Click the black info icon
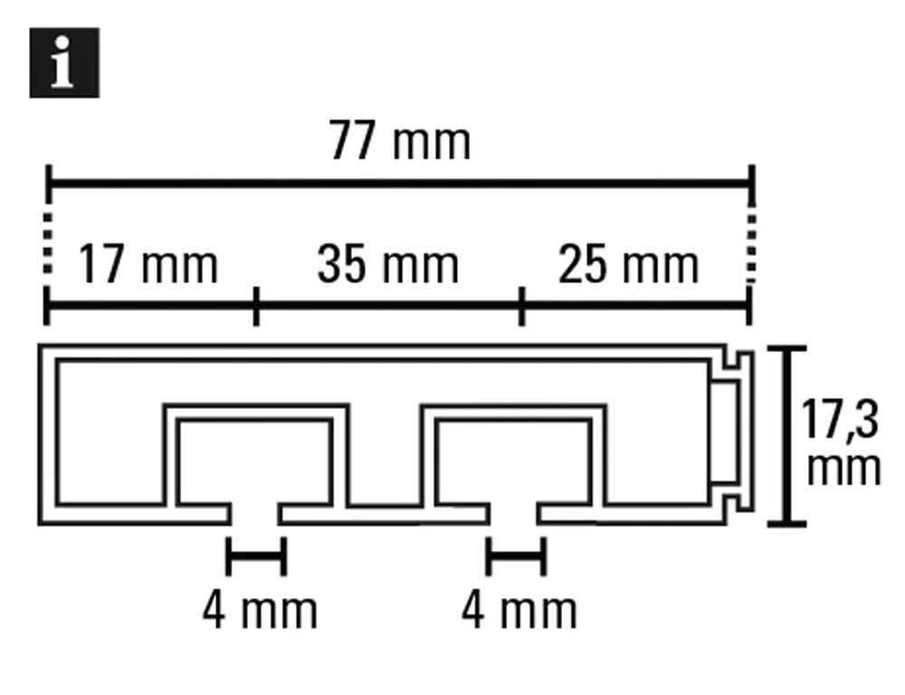pos(64,62)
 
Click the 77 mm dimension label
pos(400,141)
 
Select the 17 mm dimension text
pos(148,265)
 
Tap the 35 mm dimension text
pos(388,264)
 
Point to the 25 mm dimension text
pos(628,264)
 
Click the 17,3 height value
pos(840,420)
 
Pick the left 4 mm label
pos(260,611)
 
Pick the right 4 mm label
pos(519,611)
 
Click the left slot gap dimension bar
pos(256,557)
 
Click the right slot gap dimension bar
pos(516,557)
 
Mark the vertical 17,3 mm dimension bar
pos(786,436)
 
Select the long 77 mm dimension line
pos(400,184)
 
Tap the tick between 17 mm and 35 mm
pos(256,306)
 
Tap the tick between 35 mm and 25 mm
pos(522,306)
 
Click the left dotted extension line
pos(48,243)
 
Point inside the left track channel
pos(254,462)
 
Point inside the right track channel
pos(513,462)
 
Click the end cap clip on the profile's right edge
pos(732,430)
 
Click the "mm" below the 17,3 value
pos(843,468)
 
